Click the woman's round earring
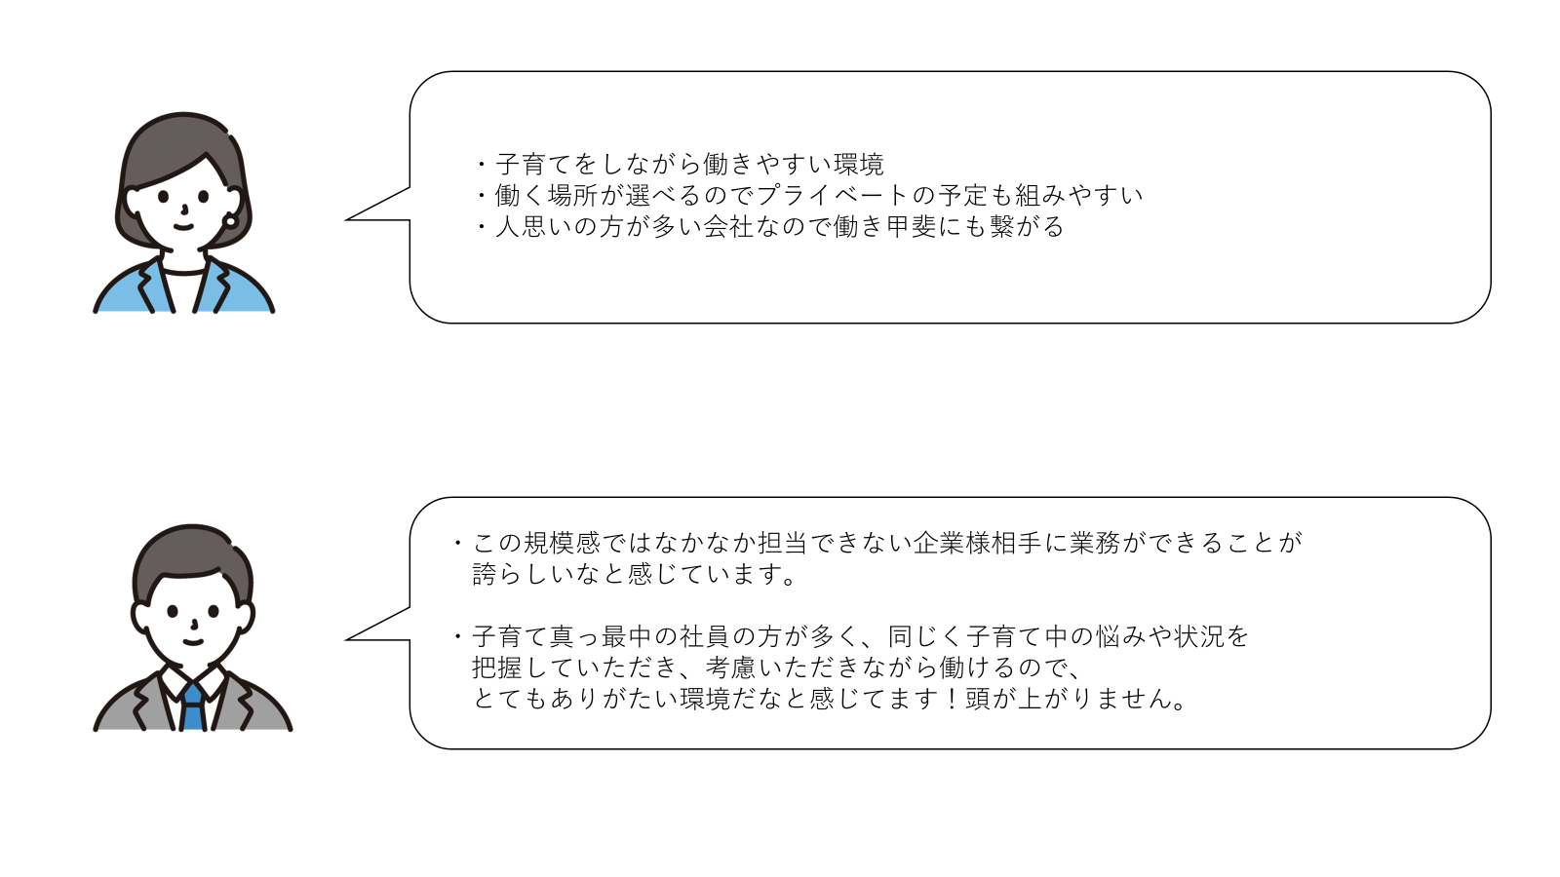230,221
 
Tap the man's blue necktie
194,705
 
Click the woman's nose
184,210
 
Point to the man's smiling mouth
193,642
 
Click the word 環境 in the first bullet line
859,165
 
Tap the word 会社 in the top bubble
729,227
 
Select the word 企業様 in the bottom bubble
952,543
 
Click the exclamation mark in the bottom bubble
952,699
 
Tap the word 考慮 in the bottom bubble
730,667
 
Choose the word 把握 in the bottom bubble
497,667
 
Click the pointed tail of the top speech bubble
347,220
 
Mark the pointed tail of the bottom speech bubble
347,639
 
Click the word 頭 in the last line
978,699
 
